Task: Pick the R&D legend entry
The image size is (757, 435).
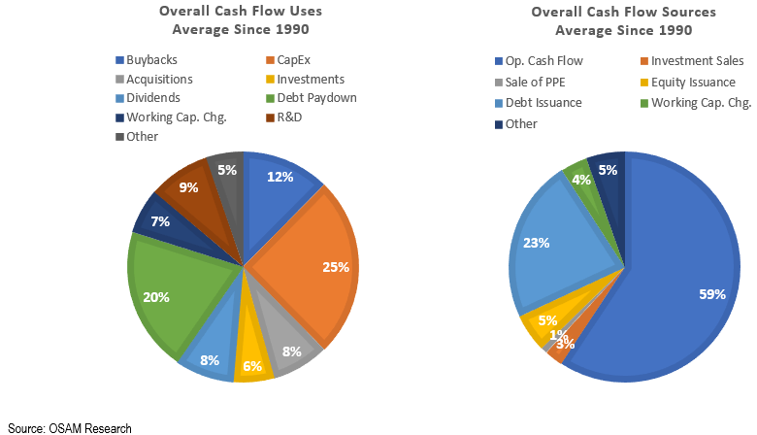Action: pos(287,117)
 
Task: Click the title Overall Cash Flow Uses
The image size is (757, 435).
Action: pos(241,12)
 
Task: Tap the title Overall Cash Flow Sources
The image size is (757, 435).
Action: pos(624,12)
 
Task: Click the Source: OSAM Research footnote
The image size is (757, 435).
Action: pos(70,427)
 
